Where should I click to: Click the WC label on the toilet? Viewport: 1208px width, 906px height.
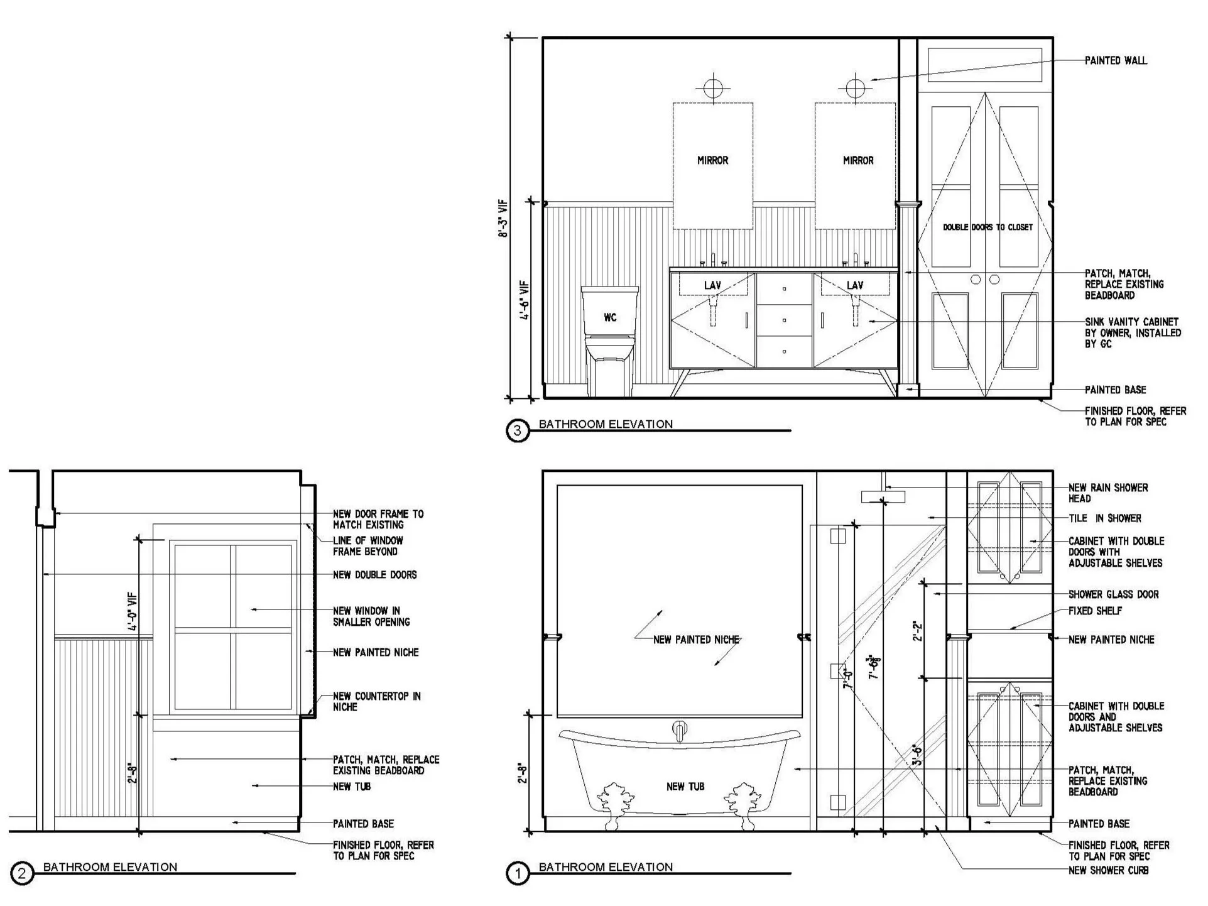click(609, 318)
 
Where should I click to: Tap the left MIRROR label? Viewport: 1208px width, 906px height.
click(712, 161)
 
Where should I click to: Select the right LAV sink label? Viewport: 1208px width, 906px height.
click(854, 286)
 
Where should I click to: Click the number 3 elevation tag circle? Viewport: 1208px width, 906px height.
click(518, 431)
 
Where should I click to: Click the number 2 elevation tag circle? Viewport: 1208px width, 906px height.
click(22, 874)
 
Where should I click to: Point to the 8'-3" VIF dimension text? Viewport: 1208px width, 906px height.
click(503, 219)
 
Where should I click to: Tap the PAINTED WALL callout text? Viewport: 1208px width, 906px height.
click(1115, 61)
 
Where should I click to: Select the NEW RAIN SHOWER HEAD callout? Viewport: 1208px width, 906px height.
click(1107, 493)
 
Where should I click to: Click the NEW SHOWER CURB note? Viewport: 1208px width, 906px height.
click(1108, 871)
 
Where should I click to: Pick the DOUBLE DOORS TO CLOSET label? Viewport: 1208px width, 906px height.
click(987, 227)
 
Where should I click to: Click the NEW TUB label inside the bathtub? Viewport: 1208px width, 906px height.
click(685, 787)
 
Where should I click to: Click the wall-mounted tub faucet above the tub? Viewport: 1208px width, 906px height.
click(680, 731)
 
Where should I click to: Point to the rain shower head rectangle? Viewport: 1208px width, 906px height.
click(883, 497)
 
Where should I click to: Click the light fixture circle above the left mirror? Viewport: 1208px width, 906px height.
click(712, 87)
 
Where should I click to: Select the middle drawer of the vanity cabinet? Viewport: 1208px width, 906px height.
click(784, 320)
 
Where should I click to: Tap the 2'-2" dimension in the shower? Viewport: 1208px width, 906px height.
click(918, 630)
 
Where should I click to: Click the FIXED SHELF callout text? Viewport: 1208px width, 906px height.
click(1095, 611)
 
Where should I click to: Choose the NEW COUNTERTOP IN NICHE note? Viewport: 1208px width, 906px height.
click(376, 702)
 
